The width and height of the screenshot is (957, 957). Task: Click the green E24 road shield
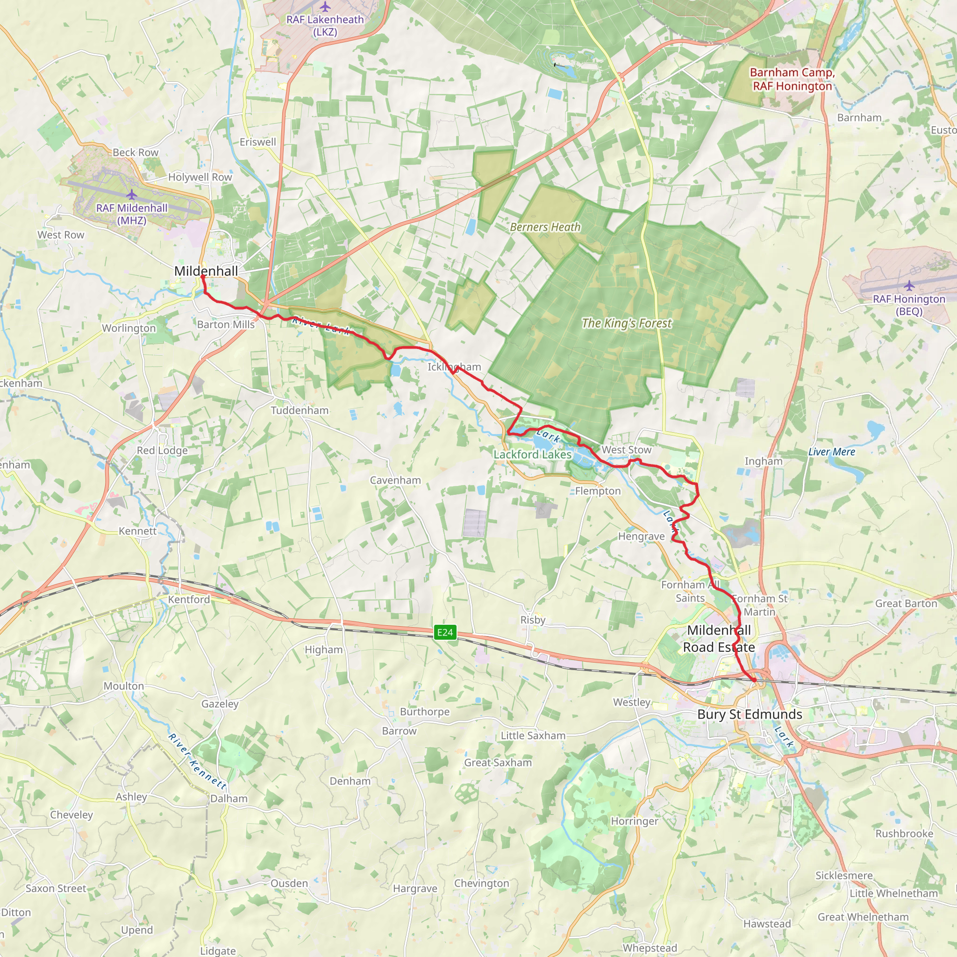pos(444,632)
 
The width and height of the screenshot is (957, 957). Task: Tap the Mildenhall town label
pos(206,271)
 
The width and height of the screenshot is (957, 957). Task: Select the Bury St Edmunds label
pos(750,714)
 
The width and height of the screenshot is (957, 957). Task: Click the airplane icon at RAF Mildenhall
pos(131,195)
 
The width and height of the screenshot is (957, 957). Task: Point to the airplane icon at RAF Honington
pos(909,286)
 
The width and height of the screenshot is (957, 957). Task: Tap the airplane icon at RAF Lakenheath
pos(325,7)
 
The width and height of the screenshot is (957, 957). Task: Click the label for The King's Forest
pos(627,323)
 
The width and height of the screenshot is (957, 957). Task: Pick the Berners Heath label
pos(545,227)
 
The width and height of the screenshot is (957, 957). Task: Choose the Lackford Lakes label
pos(533,454)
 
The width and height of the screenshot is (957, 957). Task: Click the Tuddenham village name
pos(300,410)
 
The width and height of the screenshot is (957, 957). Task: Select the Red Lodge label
pos(163,450)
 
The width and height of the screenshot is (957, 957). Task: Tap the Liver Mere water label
pos(832,452)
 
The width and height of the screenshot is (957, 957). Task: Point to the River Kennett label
pos(197,761)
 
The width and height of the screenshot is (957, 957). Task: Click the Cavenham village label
pos(395,480)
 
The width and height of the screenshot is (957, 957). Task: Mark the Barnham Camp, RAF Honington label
pos(792,79)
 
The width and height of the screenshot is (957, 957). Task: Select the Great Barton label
pos(906,603)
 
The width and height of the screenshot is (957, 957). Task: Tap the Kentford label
pos(189,600)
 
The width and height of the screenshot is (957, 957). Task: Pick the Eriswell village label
pos(257,142)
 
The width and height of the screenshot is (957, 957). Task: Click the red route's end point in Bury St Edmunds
pos(754,680)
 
